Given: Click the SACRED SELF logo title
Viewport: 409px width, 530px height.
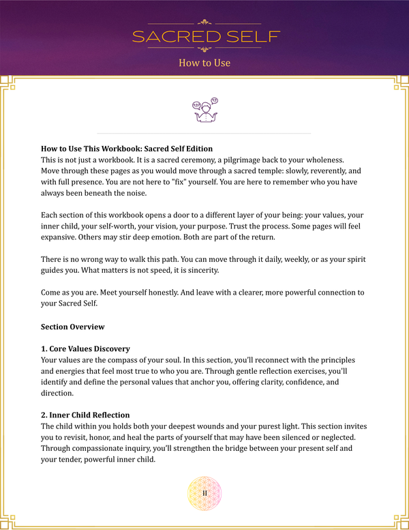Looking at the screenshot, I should (204, 36).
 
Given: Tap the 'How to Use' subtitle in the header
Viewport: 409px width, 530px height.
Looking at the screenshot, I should (204, 63).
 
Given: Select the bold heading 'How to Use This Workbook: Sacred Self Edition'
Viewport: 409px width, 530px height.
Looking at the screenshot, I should (127, 148).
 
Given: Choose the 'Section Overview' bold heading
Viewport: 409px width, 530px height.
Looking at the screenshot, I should (72, 327).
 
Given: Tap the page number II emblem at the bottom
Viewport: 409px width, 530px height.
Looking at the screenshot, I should (204, 493).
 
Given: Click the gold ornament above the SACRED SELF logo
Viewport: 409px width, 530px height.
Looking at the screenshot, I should (204, 21).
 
